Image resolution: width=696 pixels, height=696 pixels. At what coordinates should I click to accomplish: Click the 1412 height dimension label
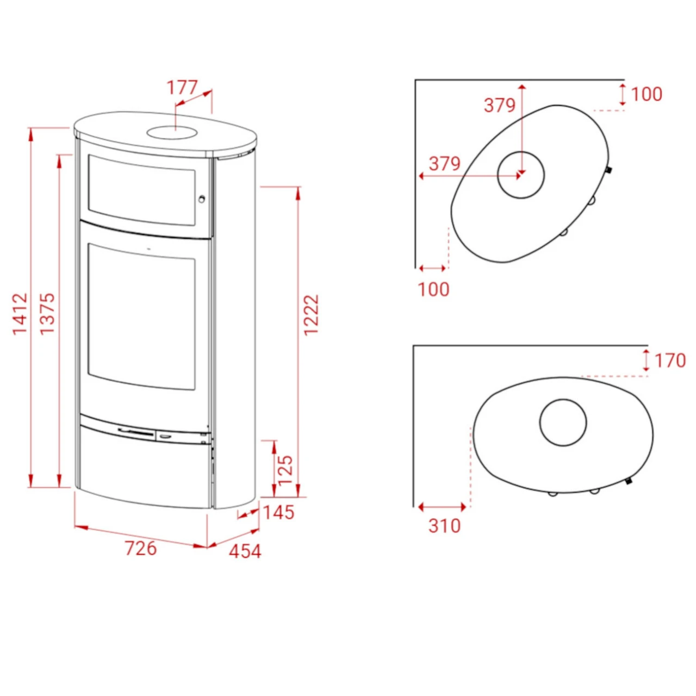coord(20,314)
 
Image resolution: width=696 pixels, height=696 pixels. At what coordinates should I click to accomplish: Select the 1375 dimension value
coord(47,314)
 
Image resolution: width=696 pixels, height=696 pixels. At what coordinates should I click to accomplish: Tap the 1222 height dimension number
coord(312,315)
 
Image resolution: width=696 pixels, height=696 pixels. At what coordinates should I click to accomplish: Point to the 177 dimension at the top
coord(182,88)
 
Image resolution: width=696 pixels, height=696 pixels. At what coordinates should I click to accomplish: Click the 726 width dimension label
coord(141,548)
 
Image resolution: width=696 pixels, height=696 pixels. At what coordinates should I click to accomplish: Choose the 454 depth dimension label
coord(245,551)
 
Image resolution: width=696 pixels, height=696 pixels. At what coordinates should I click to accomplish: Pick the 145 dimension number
coord(279,512)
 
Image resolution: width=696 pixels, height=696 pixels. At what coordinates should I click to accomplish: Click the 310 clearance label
coord(445,526)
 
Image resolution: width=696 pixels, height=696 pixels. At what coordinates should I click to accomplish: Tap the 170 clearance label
coord(670,361)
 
